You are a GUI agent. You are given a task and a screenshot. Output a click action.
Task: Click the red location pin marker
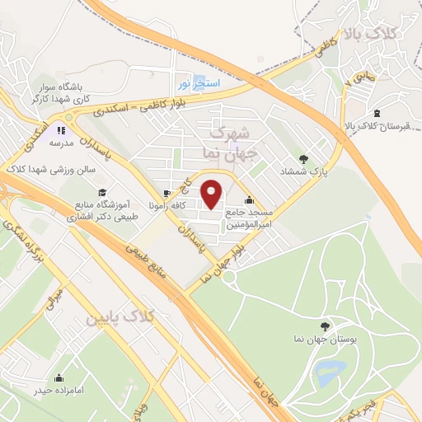(212, 194)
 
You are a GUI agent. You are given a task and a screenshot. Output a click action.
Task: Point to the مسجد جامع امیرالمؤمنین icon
(249, 200)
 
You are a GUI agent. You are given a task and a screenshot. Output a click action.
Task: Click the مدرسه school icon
(61, 129)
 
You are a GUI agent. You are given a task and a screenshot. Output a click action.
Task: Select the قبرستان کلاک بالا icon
(377, 113)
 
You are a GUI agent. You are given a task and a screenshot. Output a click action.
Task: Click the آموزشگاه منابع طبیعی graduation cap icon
(101, 193)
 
